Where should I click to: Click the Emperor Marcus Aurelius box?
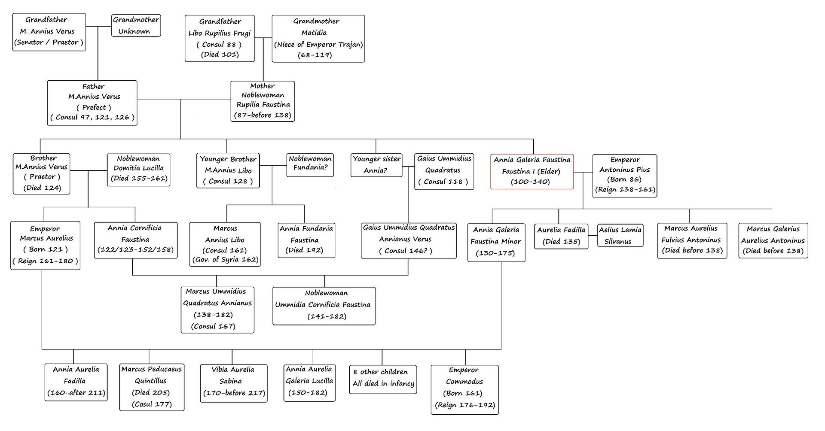click(45, 245)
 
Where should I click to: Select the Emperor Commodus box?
click(464, 389)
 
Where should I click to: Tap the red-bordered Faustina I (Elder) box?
click(532, 171)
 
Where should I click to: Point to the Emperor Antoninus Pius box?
click(624, 176)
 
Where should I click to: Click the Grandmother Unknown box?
click(136, 25)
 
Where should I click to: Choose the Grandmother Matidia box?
click(318, 39)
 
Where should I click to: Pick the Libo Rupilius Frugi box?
click(220, 39)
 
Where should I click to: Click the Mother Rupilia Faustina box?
click(263, 101)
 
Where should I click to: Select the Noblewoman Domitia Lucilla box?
click(138, 170)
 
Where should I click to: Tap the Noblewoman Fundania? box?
click(310, 165)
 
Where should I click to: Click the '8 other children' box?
click(383, 378)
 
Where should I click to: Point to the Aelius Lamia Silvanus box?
click(620, 235)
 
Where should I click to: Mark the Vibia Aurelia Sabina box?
click(233, 383)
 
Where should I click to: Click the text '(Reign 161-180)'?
click(45, 261)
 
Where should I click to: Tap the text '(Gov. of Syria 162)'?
click(225, 259)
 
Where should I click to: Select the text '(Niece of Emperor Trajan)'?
click(318, 44)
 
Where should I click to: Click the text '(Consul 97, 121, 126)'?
click(92, 117)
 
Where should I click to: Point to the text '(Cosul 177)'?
click(152, 404)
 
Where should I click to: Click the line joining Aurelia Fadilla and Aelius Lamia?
click(593, 236)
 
